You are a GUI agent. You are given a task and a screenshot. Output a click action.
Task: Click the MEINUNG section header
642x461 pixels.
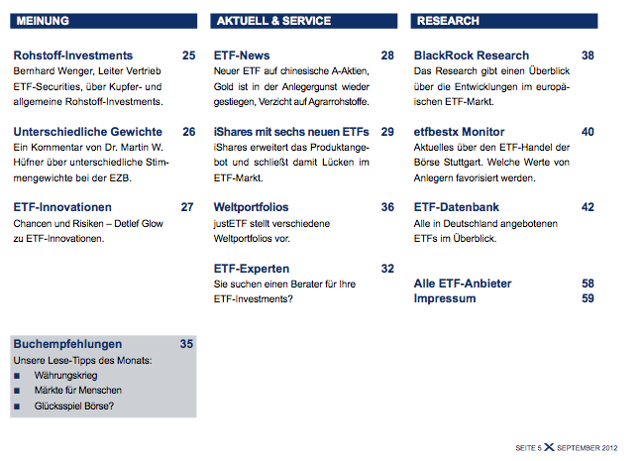[x=44, y=20]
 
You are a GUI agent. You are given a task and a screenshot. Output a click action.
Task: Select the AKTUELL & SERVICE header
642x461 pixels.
[x=272, y=20]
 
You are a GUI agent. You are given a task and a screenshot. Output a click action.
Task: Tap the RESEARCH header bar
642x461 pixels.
[x=448, y=20]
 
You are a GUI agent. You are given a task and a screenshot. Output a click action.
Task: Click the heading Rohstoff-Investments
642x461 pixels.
[x=73, y=56]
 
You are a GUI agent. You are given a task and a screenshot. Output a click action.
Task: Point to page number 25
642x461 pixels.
[x=188, y=56]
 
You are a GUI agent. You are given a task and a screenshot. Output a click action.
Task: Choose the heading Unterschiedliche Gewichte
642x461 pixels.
[x=88, y=132]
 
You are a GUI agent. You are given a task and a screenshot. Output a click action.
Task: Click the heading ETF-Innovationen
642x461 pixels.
[x=62, y=207]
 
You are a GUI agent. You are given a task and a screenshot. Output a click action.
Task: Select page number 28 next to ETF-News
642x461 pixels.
[x=387, y=56]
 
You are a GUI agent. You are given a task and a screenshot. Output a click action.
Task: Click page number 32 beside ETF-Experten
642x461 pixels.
[x=387, y=269]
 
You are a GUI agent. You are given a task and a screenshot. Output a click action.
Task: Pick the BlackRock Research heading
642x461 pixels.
[x=472, y=56]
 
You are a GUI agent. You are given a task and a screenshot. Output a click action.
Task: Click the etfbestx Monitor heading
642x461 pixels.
[x=460, y=132]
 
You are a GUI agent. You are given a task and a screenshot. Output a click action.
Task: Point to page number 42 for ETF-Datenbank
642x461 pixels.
[x=588, y=207]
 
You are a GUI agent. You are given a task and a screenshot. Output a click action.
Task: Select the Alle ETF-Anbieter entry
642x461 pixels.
[x=463, y=284]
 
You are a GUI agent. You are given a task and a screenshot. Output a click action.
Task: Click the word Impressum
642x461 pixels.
[x=444, y=297]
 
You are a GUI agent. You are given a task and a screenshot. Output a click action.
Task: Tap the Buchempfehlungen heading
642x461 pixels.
[x=67, y=344]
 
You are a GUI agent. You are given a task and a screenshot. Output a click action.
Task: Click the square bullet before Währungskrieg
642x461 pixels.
[x=18, y=377]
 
